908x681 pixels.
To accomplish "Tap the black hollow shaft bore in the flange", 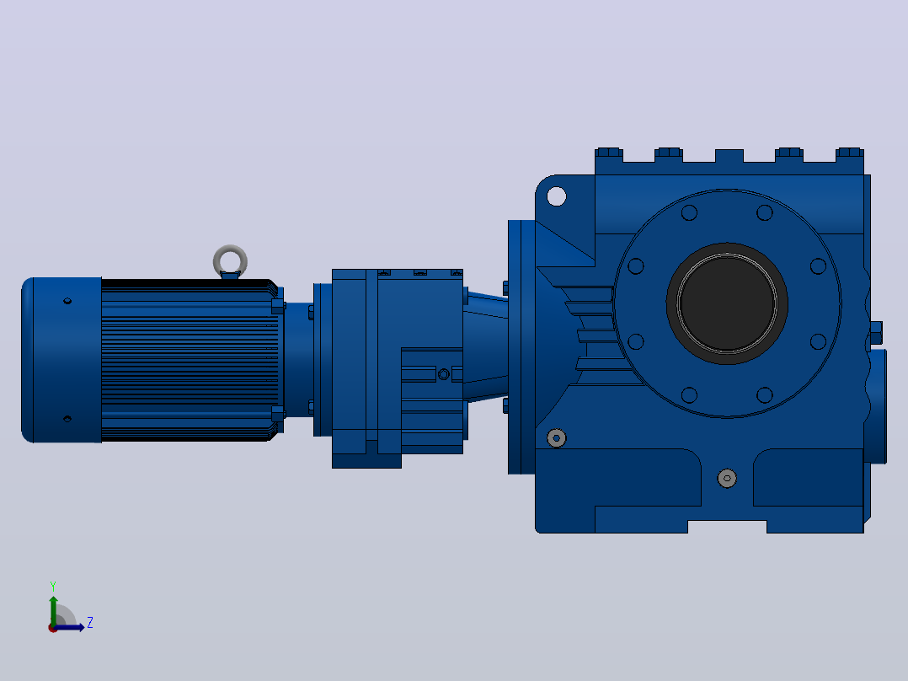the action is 727,303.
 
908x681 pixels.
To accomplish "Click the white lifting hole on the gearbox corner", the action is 557,196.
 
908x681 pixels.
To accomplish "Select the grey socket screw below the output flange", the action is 727,478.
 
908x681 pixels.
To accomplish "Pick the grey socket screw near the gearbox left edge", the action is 557,438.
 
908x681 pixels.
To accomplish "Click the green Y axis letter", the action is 53,586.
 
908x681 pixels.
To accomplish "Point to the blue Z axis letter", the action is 90,623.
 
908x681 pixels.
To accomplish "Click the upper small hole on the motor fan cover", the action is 67,301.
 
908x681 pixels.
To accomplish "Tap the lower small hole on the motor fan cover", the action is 67,418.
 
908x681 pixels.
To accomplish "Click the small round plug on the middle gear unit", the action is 444,374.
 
